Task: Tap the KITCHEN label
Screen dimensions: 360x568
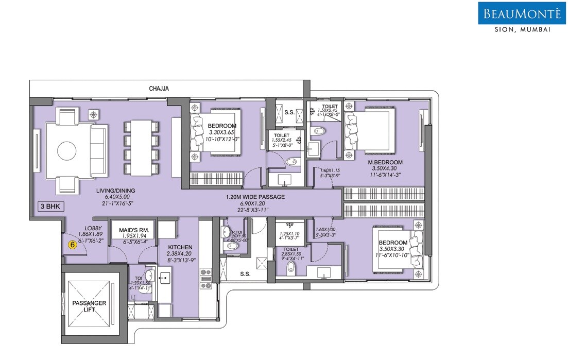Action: pos(179,247)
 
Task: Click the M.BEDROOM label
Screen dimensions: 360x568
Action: pos(388,163)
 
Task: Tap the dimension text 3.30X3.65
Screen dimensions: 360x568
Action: pos(222,132)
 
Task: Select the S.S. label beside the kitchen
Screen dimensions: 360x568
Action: pos(245,274)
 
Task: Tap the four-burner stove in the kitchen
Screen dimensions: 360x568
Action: pos(205,278)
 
